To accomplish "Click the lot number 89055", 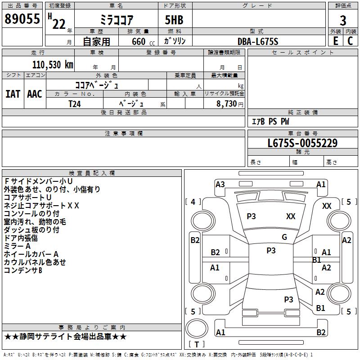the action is point(22,18).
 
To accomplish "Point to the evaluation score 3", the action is point(343,20).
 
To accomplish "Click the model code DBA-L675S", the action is point(258,41).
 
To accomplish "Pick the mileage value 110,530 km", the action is point(53,65).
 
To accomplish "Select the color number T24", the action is point(75,103).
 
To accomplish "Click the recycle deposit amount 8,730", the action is point(226,103).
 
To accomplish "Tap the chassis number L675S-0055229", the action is point(302,143).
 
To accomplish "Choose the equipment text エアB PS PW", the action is point(270,121).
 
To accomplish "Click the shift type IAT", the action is point(13,94).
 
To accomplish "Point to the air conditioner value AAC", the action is point(35,94).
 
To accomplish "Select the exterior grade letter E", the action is point(335,40).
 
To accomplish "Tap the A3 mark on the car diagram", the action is point(220,184).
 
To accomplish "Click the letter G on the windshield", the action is point(284,237).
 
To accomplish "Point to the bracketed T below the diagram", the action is point(197,344).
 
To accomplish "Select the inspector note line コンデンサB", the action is point(23,270).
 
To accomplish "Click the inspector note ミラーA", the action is point(17,246).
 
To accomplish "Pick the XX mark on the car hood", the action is point(291,216).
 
